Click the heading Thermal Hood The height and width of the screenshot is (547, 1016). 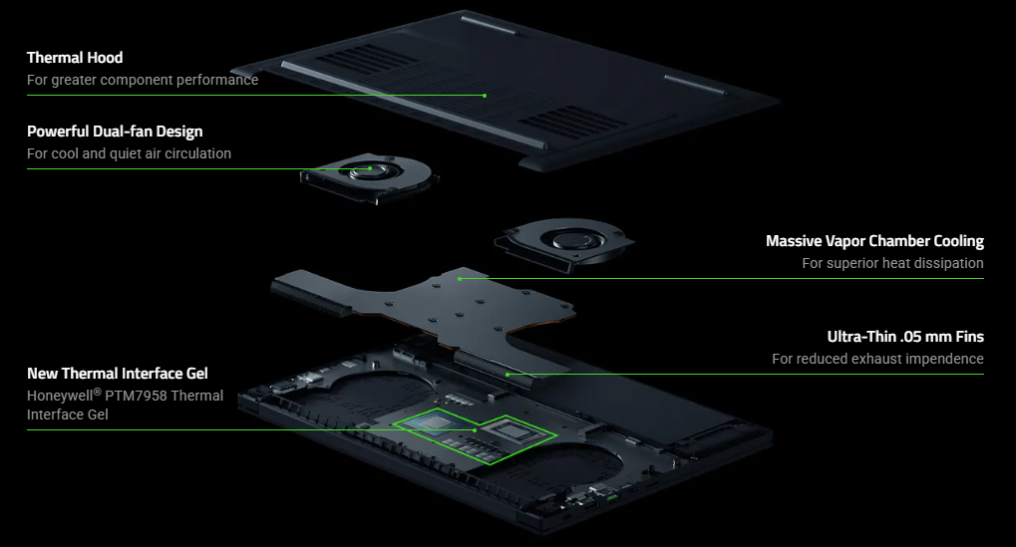click(x=75, y=58)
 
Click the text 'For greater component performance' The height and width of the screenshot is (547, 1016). click(x=143, y=80)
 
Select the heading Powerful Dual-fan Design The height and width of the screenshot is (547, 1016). click(x=115, y=132)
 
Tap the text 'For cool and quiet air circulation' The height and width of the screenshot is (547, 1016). click(x=129, y=153)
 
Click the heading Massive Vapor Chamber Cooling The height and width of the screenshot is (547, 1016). click(x=874, y=241)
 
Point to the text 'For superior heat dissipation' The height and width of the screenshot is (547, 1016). click(x=892, y=263)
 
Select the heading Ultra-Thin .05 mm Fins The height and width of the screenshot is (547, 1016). click(x=905, y=337)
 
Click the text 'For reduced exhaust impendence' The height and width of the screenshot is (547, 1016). click(x=877, y=359)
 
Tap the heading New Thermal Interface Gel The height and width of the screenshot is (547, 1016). click(x=118, y=374)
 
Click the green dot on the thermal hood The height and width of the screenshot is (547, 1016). click(x=485, y=96)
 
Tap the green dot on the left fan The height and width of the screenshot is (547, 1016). click(x=370, y=168)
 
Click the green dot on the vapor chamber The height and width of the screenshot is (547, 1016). click(x=460, y=279)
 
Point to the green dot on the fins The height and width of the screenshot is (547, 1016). click(x=508, y=375)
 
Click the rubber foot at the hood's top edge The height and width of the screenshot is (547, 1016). click(x=491, y=25)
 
